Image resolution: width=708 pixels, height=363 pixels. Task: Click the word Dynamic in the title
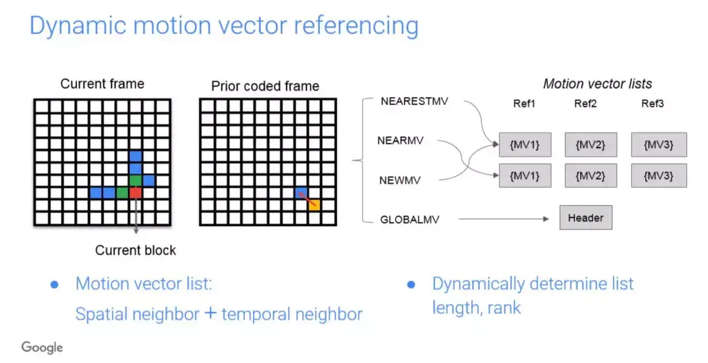[77, 26]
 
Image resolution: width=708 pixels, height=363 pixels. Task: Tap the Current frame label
[102, 84]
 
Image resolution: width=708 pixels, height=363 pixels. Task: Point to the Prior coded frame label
[265, 86]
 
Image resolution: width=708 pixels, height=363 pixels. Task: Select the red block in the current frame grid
[136, 193]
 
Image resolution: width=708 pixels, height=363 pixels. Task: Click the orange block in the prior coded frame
[314, 206]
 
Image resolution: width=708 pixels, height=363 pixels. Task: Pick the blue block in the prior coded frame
[301, 193]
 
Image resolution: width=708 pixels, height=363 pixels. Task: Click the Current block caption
[136, 250]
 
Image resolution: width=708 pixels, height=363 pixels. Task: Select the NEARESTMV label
[414, 101]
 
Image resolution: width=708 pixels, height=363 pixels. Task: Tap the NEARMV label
[401, 140]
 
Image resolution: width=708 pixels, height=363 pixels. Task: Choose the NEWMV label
[400, 180]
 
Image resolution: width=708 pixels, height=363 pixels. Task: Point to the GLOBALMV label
[410, 220]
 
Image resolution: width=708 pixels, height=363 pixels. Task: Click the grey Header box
[585, 218]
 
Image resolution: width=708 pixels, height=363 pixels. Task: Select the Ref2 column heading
[585, 104]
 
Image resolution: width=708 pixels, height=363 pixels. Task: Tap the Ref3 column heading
[652, 104]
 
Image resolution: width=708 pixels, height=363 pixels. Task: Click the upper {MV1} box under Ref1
[524, 144]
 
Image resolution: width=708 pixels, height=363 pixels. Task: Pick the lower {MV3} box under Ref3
[659, 175]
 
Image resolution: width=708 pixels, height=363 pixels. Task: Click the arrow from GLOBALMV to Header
[503, 219]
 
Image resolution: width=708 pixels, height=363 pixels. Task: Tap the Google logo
[42, 347]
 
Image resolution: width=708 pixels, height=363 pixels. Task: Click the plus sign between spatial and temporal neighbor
[210, 313]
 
